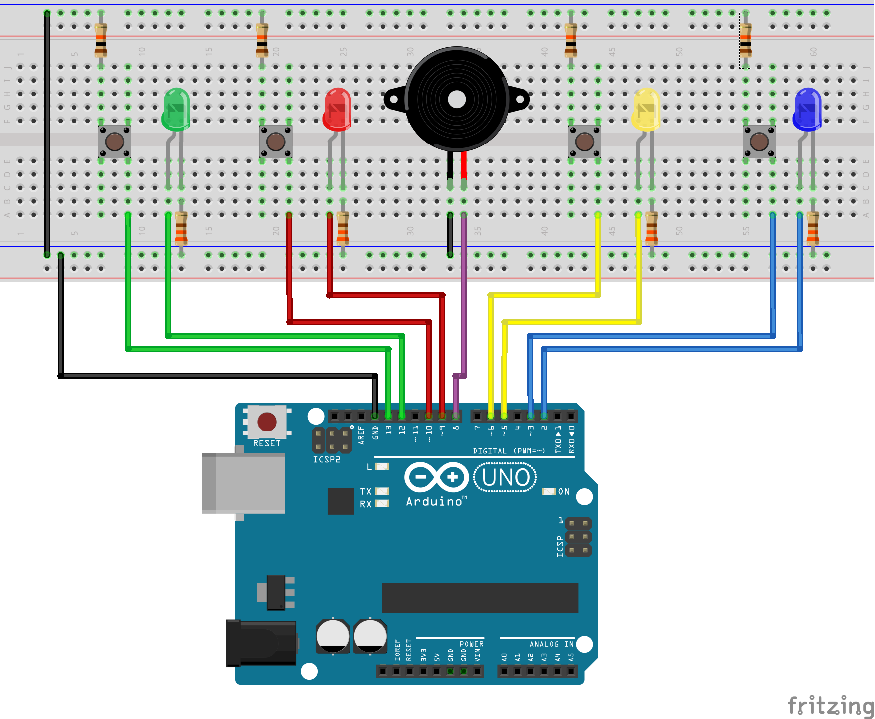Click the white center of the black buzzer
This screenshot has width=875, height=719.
[457, 100]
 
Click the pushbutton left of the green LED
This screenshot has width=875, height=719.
[115, 142]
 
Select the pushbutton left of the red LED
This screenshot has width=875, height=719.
[276, 142]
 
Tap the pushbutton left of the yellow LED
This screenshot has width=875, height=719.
[585, 142]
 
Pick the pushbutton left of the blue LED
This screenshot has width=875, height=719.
[759, 142]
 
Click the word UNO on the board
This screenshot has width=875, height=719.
[506, 477]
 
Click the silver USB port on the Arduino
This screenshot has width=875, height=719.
[243, 483]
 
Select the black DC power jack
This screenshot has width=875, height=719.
[261, 643]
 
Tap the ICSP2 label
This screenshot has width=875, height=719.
[326, 459]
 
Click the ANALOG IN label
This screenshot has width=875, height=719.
[551, 644]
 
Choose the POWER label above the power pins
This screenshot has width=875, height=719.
[471, 644]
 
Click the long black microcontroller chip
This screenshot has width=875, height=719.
[480, 598]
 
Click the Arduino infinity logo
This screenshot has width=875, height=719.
[436, 477]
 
